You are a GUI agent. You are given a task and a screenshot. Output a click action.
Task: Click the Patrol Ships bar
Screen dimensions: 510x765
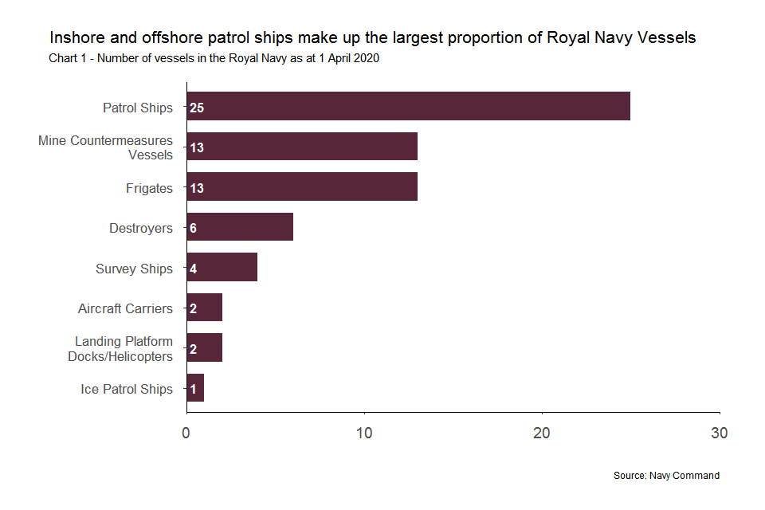click(x=408, y=106)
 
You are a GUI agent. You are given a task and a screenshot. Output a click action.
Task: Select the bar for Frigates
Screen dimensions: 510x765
click(x=302, y=186)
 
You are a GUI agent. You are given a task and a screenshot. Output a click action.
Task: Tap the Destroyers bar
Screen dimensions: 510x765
click(x=240, y=227)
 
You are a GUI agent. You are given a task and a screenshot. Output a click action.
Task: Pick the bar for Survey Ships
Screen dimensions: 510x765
click(x=222, y=268)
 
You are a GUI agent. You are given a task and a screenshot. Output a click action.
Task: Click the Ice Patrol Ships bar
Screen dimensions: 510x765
click(x=195, y=388)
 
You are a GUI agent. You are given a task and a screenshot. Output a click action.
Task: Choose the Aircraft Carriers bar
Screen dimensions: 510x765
click(x=205, y=308)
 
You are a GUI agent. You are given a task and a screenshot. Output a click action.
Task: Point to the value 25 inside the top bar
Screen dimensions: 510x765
click(x=197, y=107)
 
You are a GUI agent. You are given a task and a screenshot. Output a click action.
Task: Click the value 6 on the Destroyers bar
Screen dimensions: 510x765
click(x=193, y=228)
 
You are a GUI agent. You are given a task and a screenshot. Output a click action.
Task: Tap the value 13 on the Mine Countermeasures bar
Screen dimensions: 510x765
click(x=197, y=147)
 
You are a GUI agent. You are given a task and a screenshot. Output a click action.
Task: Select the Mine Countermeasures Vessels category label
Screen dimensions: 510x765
click(x=105, y=147)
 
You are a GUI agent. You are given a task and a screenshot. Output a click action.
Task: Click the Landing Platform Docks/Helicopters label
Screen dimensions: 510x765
click(x=120, y=348)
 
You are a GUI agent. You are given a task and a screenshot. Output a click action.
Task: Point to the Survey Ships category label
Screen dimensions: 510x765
click(x=134, y=269)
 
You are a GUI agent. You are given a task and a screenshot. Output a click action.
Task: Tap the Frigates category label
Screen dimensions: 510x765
click(x=149, y=188)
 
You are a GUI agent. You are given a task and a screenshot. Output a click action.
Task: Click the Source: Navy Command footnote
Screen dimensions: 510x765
click(x=666, y=476)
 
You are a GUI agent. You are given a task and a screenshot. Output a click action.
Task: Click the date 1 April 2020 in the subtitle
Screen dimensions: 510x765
click(x=340, y=57)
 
